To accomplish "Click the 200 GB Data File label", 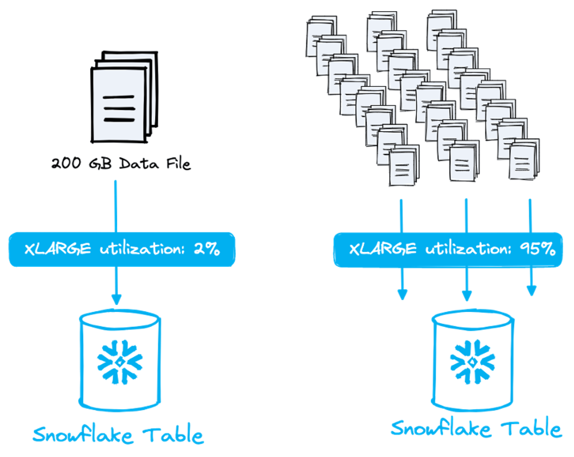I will point(121,163).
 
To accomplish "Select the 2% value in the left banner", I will point(207,249).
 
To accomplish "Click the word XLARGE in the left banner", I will point(58,249).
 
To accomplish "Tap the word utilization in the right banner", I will point(468,249).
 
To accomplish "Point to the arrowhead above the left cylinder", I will point(116,299).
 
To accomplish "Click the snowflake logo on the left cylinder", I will point(120,362).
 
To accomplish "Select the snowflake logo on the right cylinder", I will point(472,362).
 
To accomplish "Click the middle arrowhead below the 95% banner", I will point(467,296).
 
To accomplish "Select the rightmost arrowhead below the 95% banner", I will point(531,291).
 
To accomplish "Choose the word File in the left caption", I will point(178,163).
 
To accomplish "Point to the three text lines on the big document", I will point(119,109).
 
